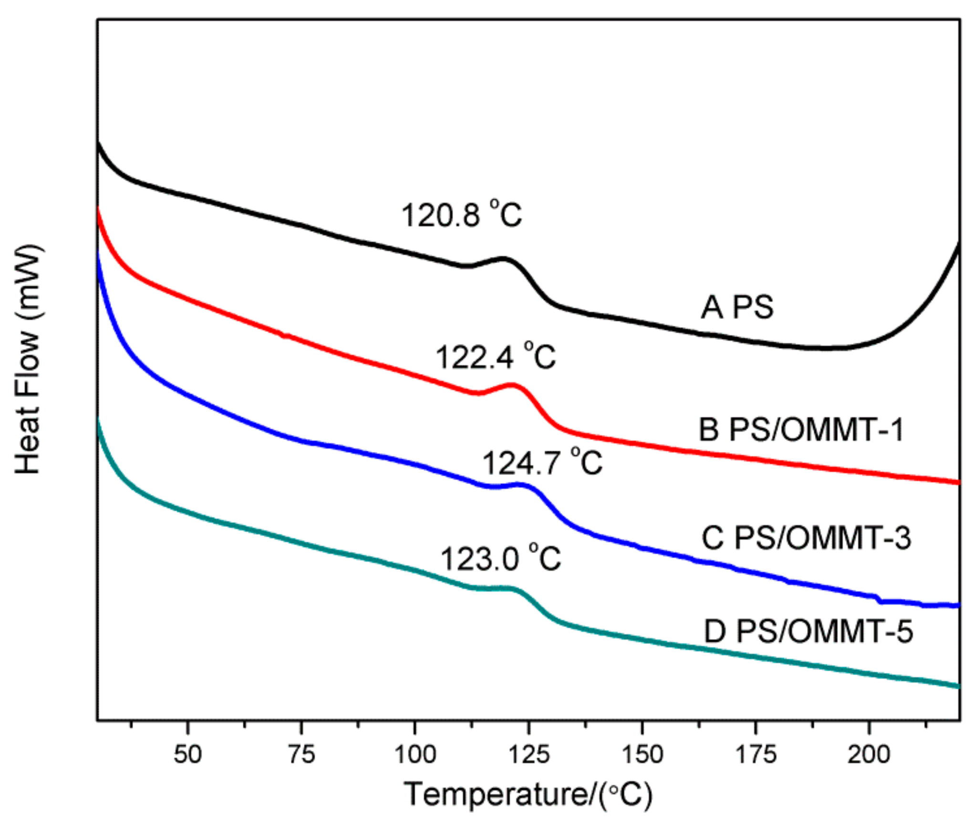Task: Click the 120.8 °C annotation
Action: click(461, 215)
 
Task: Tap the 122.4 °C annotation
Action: click(496, 357)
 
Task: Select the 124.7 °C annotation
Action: click(542, 463)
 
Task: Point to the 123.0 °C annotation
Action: click(500, 559)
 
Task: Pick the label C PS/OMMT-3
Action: click(806, 538)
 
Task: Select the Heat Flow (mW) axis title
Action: click(28, 360)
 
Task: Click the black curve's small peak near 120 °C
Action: click(503, 258)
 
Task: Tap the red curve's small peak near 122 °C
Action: click(512, 384)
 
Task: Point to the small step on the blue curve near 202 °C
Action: click(879, 599)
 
